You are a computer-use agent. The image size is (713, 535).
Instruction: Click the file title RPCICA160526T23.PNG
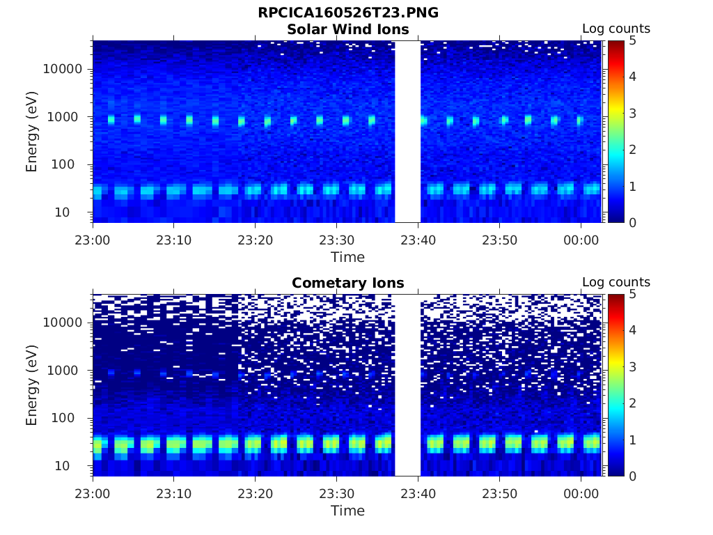(x=347, y=13)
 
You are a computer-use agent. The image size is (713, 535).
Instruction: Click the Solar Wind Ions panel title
(x=347, y=29)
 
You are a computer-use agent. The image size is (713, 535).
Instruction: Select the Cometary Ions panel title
(x=347, y=283)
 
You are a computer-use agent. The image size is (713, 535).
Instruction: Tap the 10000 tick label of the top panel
(x=63, y=69)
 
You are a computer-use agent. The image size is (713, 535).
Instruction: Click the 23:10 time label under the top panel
(x=173, y=240)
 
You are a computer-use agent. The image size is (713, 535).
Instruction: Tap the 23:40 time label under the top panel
(x=418, y=240)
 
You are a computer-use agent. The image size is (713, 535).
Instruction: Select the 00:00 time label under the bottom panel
(x=581, y=493)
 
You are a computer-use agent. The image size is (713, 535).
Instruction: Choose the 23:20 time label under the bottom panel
(x=255, y=493)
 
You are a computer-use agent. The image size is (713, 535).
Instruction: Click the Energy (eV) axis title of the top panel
(x=32, y=131)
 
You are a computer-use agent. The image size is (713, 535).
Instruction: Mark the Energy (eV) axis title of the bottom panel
(x=32, y=385)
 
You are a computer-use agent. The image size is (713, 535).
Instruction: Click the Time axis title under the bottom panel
(x=347, y=511)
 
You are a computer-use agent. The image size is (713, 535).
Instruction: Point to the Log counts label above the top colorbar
(x=616, y=29)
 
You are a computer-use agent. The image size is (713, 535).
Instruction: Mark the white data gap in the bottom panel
(x=407, y=385)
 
